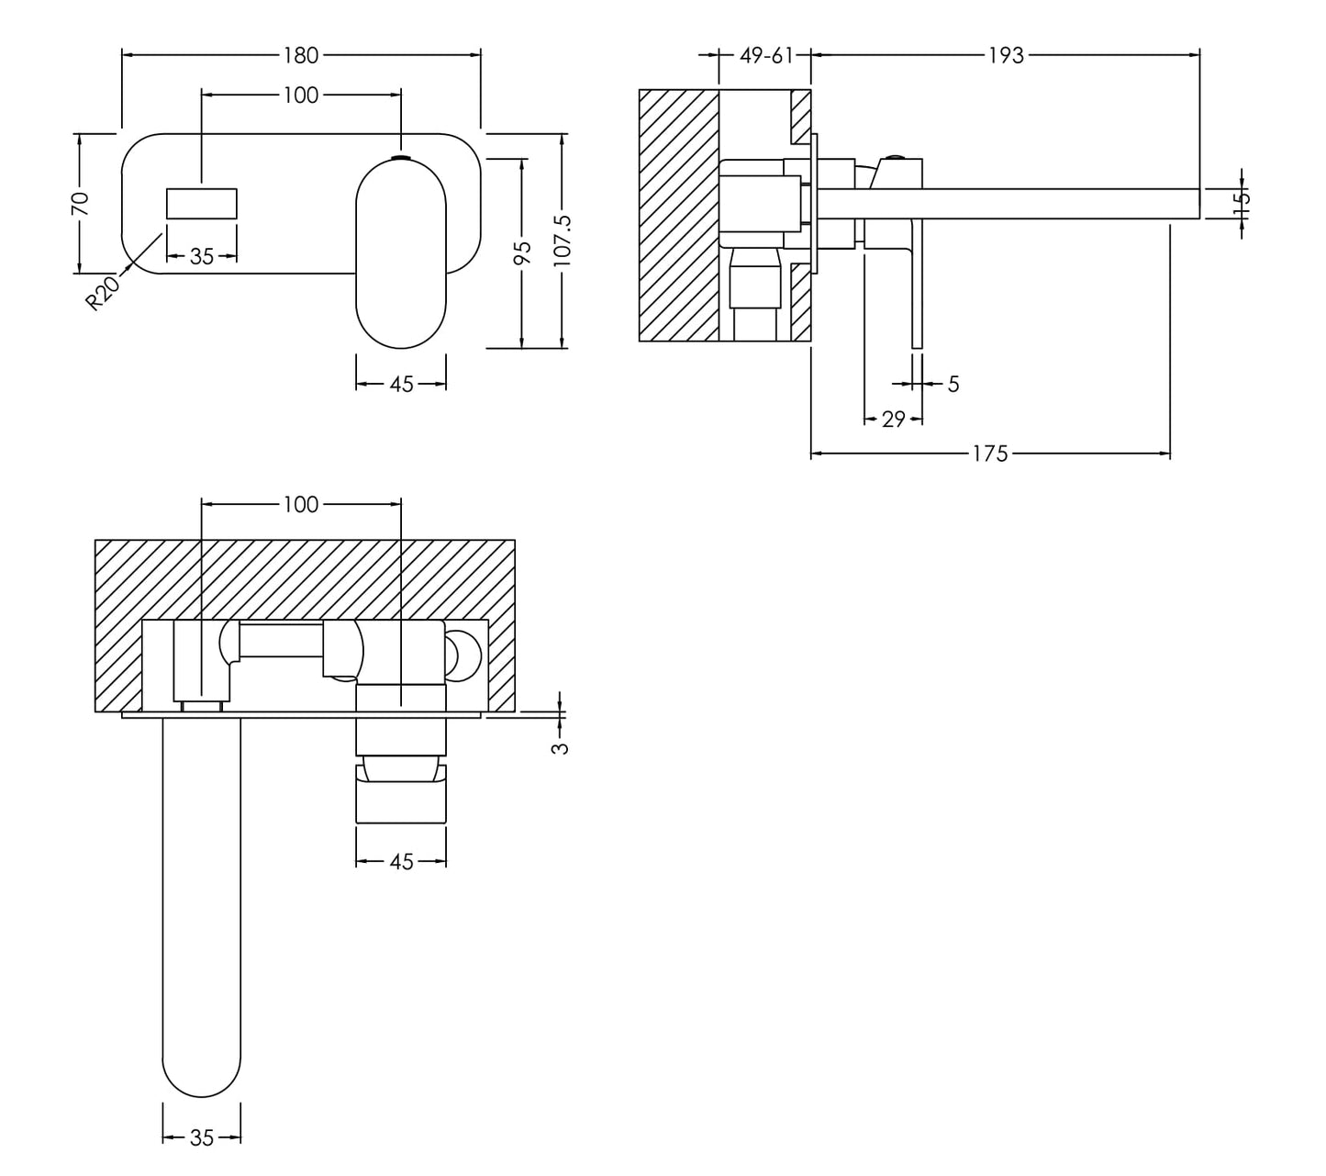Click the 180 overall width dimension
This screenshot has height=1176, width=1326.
pos(300,55)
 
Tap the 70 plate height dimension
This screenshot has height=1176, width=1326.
pos(81,203)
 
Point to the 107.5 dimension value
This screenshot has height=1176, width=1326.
pos(563,241)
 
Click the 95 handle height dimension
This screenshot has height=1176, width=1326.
pos(521,252)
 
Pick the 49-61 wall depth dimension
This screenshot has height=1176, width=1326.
pos(766,55)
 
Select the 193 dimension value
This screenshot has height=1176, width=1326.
pos(1005,55)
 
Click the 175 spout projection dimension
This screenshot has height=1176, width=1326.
pos(990,454)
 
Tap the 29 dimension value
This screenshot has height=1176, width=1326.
pos(893,420)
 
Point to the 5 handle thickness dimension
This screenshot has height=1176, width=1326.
pos(953,384)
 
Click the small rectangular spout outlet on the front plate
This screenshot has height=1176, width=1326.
pos(202,203)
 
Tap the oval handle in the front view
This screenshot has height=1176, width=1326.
pos(401,252)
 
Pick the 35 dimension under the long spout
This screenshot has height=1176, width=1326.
pos(202,1138)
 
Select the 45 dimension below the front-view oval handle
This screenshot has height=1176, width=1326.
pos(401,384)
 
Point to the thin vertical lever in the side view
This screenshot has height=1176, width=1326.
pos(916,285)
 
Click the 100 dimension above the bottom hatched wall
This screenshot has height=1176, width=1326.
pos(300,504)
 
